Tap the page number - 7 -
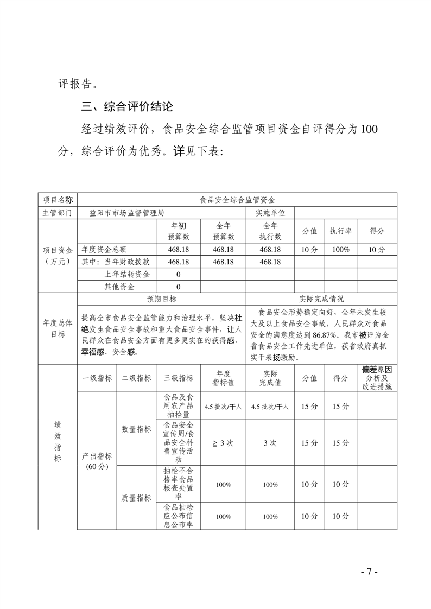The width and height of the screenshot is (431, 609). coord(369,572)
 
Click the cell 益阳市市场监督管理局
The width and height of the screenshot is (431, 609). coord(126,213)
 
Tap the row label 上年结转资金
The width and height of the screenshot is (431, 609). coord(128,274)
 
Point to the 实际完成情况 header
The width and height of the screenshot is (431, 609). coord(321,299)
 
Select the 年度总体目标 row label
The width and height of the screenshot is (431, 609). coord(58,328)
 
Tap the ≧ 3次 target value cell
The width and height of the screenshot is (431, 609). coord(223,442)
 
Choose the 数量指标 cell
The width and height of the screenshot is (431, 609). coord(136,429)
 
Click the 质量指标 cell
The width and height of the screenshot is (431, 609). coord(136,498)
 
